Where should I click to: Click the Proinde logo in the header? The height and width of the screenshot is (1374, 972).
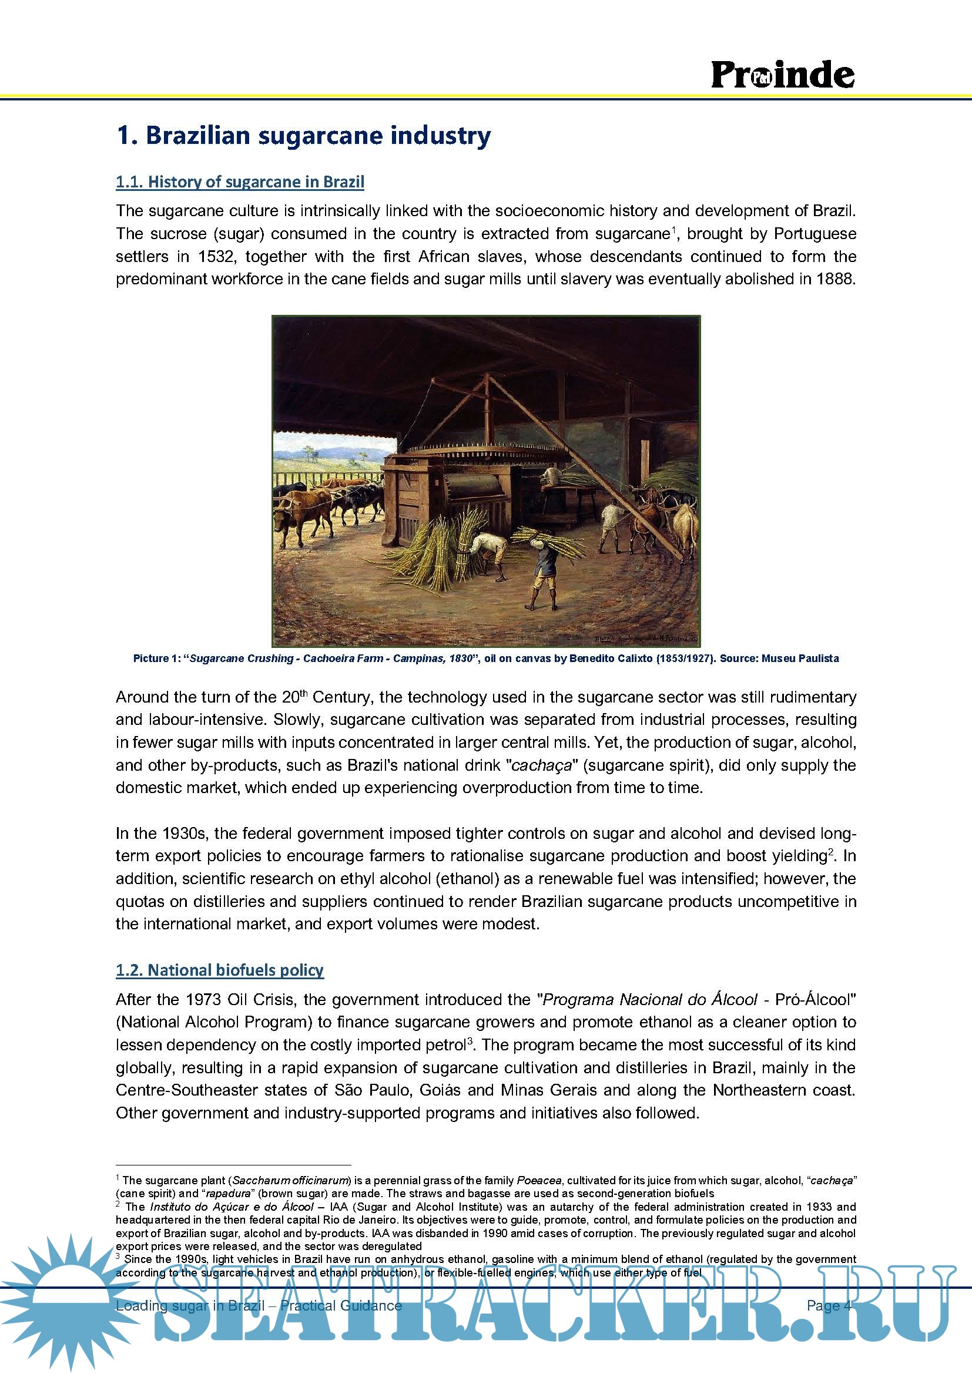click(x=782, y=75)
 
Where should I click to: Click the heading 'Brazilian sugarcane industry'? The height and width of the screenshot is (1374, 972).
click(x=318, y=136)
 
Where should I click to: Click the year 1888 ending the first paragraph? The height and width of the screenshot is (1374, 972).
click(x=836, y=280)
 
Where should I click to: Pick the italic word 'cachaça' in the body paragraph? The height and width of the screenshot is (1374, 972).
click(x=542, y=765)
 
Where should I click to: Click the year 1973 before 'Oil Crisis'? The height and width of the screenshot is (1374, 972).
click(x=203, y=1000)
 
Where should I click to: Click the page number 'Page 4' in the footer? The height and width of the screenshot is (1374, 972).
click(x=829, y=1305)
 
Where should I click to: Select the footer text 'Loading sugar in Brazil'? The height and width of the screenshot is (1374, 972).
click(x=190, y=1305)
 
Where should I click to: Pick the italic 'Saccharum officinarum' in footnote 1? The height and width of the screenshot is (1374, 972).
click(x=290, y=1180)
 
